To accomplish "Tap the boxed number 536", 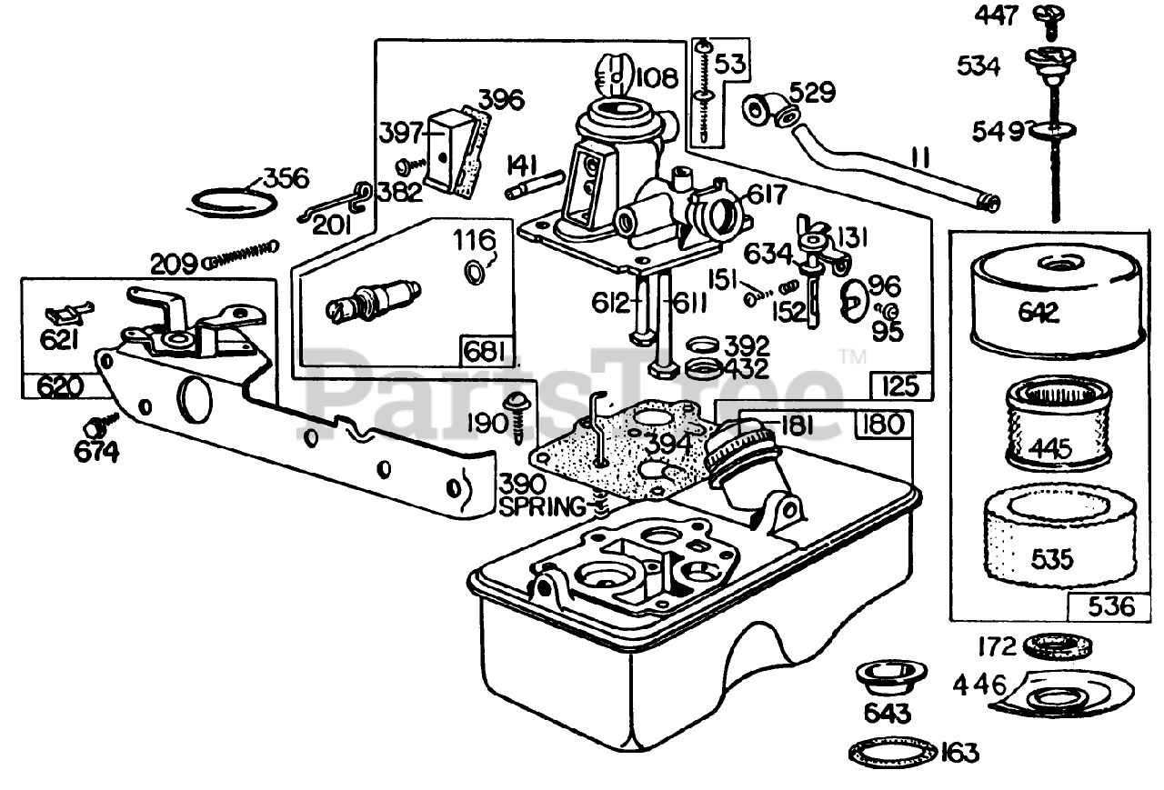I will click(x=1103, y=605).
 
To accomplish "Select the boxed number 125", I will click(x=901, y=387).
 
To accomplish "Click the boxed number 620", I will click(x=55, y=386).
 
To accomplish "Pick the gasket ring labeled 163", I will click(x=881, y=752).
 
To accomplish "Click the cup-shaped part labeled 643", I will click(x=886, y=678).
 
